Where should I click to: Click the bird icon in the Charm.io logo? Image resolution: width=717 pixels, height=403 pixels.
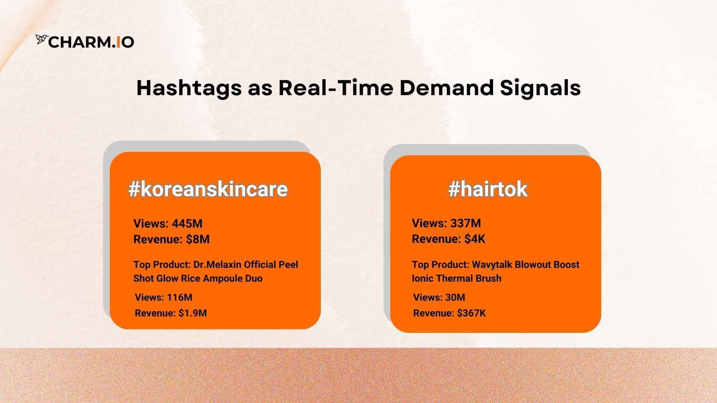coord(41,39)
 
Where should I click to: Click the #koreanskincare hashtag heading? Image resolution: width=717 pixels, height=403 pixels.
coord(208,189)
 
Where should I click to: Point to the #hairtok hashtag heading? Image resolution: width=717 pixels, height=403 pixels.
coord(488,189)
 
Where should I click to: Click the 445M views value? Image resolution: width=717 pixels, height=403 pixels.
coord(187,224)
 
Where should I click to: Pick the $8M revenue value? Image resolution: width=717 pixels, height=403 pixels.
coord(198,239)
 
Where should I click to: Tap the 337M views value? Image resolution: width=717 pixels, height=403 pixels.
coord(465,223)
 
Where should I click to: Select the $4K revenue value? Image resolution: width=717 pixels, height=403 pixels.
coord(475,239)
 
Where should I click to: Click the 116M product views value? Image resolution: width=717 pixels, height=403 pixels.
coord(180,297)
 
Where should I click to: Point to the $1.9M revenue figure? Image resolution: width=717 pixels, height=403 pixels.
coord(192,313)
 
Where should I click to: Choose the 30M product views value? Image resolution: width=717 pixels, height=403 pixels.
coord(455,297)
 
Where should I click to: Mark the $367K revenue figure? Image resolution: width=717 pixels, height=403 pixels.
coord(472,313)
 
